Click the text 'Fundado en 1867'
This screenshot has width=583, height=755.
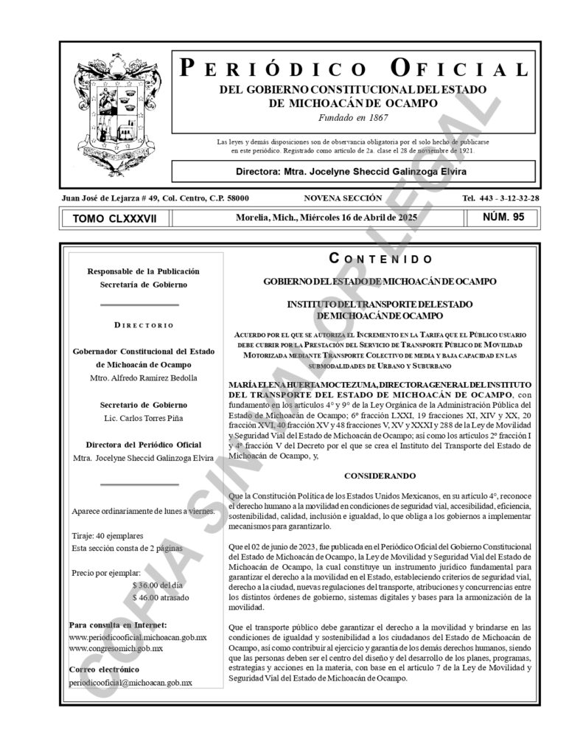(353, 117)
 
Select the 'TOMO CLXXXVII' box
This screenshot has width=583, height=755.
(115, 218)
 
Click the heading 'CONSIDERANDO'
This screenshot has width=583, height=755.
(380, 476)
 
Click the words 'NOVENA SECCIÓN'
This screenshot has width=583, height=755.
(342, 198)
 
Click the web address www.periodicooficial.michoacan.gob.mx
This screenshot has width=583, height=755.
(137, 636)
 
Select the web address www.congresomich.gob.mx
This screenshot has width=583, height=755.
(116, 648)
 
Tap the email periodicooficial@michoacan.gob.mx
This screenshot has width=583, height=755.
(130, 683)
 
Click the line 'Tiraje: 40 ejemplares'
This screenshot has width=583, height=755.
(108, 535)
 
